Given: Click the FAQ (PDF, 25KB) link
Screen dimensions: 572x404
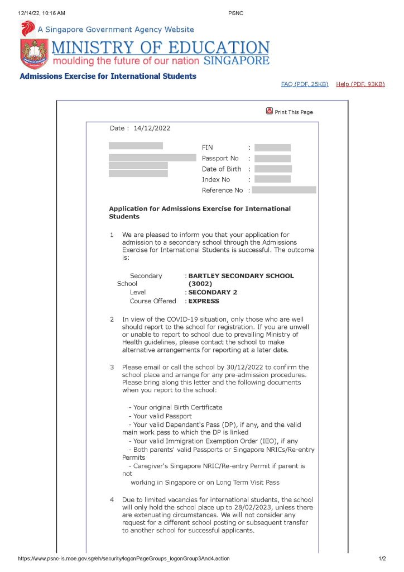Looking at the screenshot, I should (305, 84).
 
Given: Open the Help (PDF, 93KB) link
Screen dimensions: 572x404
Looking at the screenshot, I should (360, 84).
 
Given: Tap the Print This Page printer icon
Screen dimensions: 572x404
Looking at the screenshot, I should (270, 111).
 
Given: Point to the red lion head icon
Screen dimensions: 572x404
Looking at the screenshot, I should (27, 28).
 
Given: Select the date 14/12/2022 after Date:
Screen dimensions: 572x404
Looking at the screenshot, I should (152, 128).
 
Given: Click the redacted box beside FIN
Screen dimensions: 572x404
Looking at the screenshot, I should (272, 147).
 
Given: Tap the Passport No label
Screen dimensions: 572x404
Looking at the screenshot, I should (220, 158).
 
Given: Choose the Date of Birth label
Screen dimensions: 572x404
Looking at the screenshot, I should (222, 169).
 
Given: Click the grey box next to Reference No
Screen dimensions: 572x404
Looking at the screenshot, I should (283, 190).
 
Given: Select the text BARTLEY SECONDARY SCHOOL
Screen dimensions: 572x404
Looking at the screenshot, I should (241, 275).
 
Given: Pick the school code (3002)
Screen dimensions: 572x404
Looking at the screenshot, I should (200, 284).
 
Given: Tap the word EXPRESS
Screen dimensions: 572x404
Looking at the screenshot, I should (204, 301).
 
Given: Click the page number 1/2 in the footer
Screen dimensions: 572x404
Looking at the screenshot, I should (382, 559).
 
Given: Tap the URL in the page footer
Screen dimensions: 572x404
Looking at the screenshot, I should (123, 559).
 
